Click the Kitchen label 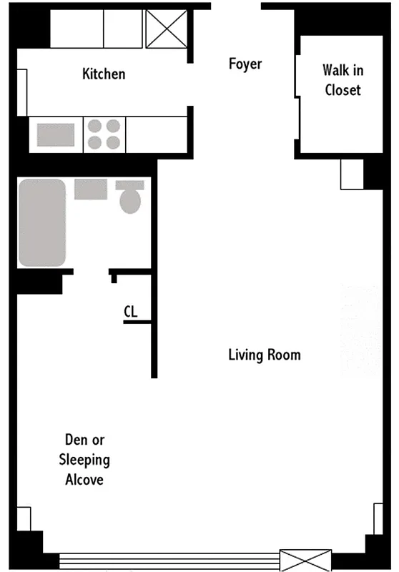point(104,74)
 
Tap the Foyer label point(245,64)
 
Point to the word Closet point(343,90)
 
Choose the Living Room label point(264,355)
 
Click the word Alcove point(84,480)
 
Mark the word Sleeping point(84,460)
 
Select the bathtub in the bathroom point(42,222)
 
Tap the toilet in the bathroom point(130,197)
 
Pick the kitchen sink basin point(56,134)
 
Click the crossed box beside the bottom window point(305,559)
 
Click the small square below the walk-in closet point(352,174)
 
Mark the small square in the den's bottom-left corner point(24,519)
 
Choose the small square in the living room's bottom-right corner point(378,518)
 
